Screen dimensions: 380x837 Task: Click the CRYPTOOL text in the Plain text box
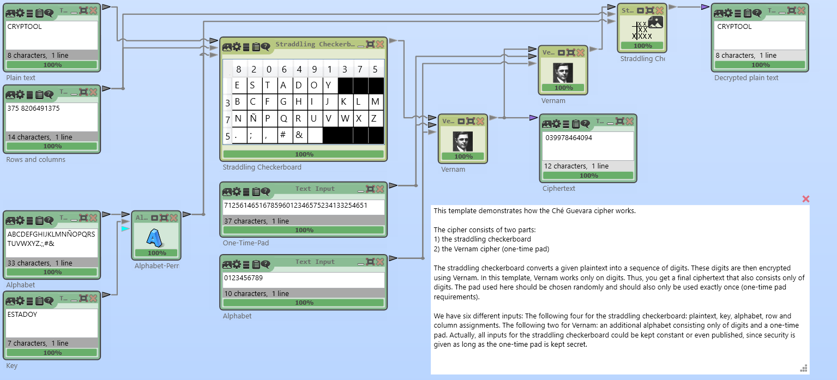pyautogui.click(x=25, y=27)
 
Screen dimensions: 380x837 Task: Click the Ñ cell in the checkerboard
pyautogui.click(x=252, y=118)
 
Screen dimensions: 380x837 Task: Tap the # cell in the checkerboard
pyautogui.click(x=283, y=135)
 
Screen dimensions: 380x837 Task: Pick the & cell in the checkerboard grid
pyautogui.click(x=298, y=135)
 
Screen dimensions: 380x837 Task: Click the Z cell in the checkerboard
pyautogui.click(x=375, y=118)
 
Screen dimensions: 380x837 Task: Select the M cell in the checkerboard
pyautogui.click(x=375, y=101)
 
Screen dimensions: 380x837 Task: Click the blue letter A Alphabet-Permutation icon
pyautogui.click(x=156, y=238)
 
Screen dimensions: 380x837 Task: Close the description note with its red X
pyautogui.click(x=806, y=199)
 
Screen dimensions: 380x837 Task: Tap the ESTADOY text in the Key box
pyautogui.click(x=22, y=315)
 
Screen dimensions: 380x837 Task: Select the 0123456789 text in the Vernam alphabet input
pyautogui.click(x=243, y=278)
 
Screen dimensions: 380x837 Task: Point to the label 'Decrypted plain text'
pyautogui.click(x=746, y=78)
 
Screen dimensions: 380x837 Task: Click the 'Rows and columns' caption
pyautogui.click(x=36, y=160)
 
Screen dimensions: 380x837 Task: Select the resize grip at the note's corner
pyautogui.click(x=805, y=368)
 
